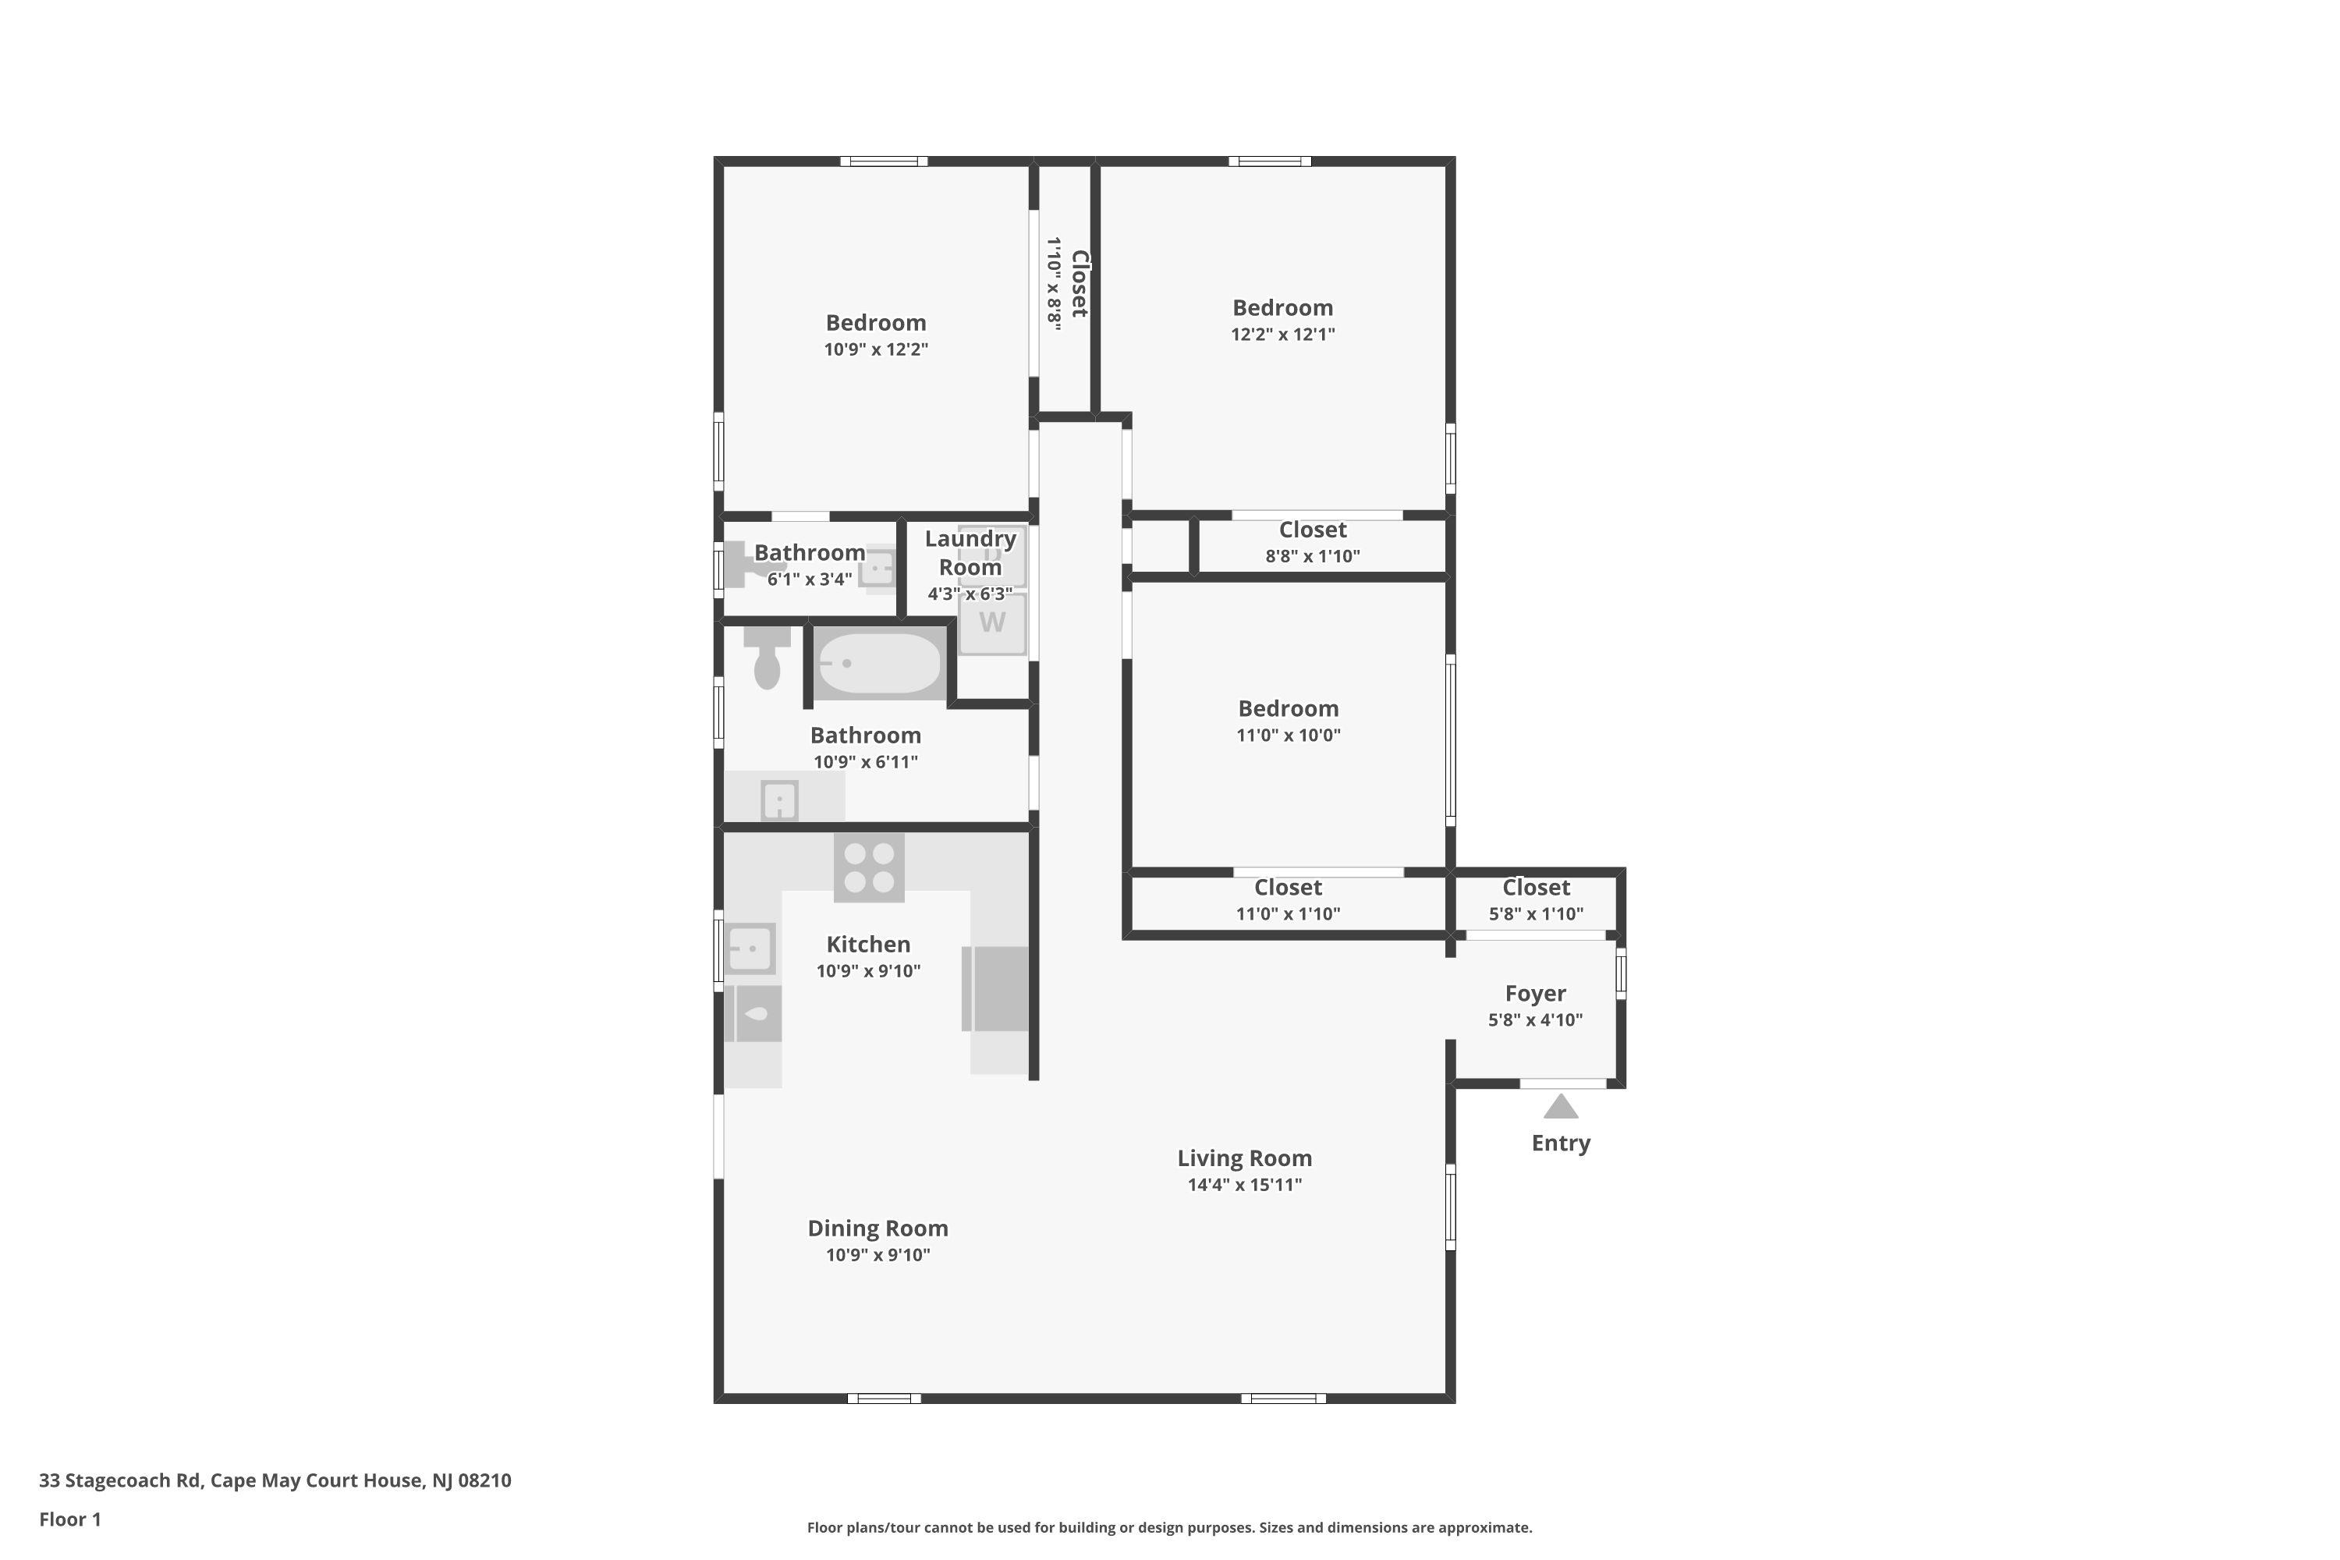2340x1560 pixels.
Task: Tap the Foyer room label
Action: click(x=1535, y=993)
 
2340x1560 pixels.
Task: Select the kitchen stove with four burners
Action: click(x=869, y=867)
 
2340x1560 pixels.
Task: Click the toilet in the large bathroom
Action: click(x=766, y=658)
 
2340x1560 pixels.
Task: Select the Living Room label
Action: click(x=1245, y=1158)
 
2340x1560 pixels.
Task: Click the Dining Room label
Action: click(x=877, y=1228)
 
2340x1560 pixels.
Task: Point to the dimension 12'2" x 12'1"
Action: click(x=1282, y=335)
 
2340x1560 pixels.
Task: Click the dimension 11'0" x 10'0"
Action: click(x=1289, y=736)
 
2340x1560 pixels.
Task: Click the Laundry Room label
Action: click(x=970, y=553)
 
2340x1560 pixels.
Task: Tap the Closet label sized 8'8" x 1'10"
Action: click(x=1312, y=530)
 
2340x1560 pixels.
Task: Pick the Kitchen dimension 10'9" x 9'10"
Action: click(x=869, y=971)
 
